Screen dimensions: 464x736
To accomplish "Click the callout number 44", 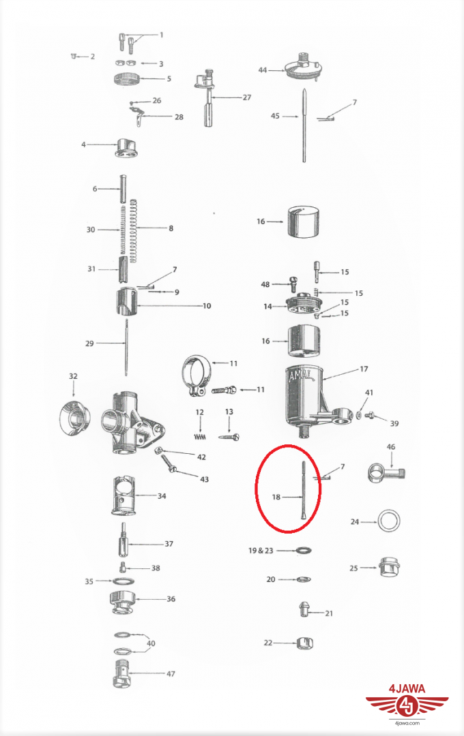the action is point(262,70).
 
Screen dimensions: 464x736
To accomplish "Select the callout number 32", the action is point(73,376).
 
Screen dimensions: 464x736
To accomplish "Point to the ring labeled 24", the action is point(390,521).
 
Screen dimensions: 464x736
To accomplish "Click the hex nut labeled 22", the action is point(304,643).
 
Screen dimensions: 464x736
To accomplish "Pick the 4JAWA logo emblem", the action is point(407,705).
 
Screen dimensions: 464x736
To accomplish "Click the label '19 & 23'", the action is point(261,550).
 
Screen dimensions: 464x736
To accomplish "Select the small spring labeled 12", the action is point(201,437).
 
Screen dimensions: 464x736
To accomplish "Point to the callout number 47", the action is point(171,673).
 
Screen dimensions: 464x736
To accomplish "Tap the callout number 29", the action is point(89,343).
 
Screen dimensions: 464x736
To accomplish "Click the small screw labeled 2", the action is point(74,57).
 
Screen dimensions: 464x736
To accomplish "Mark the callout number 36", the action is point(171,599).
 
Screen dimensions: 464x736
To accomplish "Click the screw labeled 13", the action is point(229,437).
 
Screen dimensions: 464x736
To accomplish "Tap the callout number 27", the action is point(247,97).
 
